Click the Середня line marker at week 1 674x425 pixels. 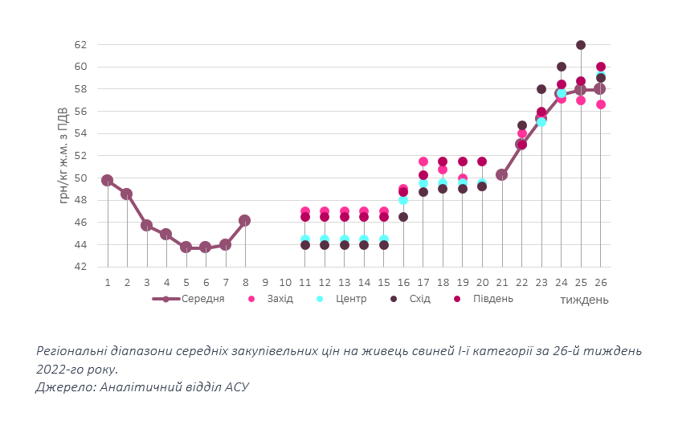pos(108,180)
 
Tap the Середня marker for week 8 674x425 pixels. pos(245,220)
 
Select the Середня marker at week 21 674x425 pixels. pos(502,174)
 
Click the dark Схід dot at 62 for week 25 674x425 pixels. pos(581,45)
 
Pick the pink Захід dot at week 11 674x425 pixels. pos(305,211)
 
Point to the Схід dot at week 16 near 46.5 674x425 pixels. pos(403,217)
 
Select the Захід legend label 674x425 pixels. pos(280,299)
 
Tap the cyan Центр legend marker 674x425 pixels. pos(320,299)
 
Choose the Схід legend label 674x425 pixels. pos(419,299)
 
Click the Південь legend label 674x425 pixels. pos(494,299)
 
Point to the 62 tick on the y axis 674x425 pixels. pos(80,45)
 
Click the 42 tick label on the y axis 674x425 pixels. pos(80,267)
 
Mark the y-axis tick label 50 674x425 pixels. pos(80,178)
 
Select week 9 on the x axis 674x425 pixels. pos(265,282)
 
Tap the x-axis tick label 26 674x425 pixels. pos(600,282)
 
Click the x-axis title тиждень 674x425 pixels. pos(584,300)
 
